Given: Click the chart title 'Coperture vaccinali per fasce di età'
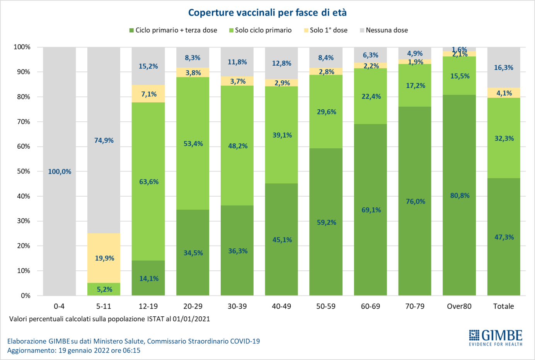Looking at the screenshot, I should tap(267, 13).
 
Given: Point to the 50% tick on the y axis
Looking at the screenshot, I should tap(24, 171).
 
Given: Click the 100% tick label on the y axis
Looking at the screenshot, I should tap(22, 47).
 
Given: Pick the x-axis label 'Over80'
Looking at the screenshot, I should tap(459, 306).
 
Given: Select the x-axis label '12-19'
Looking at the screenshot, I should tap(148, 306).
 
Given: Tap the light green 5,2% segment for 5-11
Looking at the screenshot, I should tap(104, 289).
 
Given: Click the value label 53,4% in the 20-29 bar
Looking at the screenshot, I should tap(193, 144).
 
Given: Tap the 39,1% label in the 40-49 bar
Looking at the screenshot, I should tap(282, 135).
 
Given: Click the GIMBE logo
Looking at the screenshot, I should tap(496, 338).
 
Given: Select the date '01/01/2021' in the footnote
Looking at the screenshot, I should tap(191, 319).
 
